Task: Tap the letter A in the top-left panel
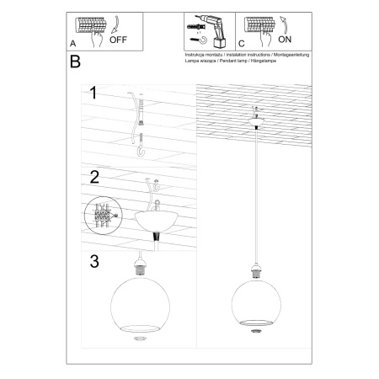73,41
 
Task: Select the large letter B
75,61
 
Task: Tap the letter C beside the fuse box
241,41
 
